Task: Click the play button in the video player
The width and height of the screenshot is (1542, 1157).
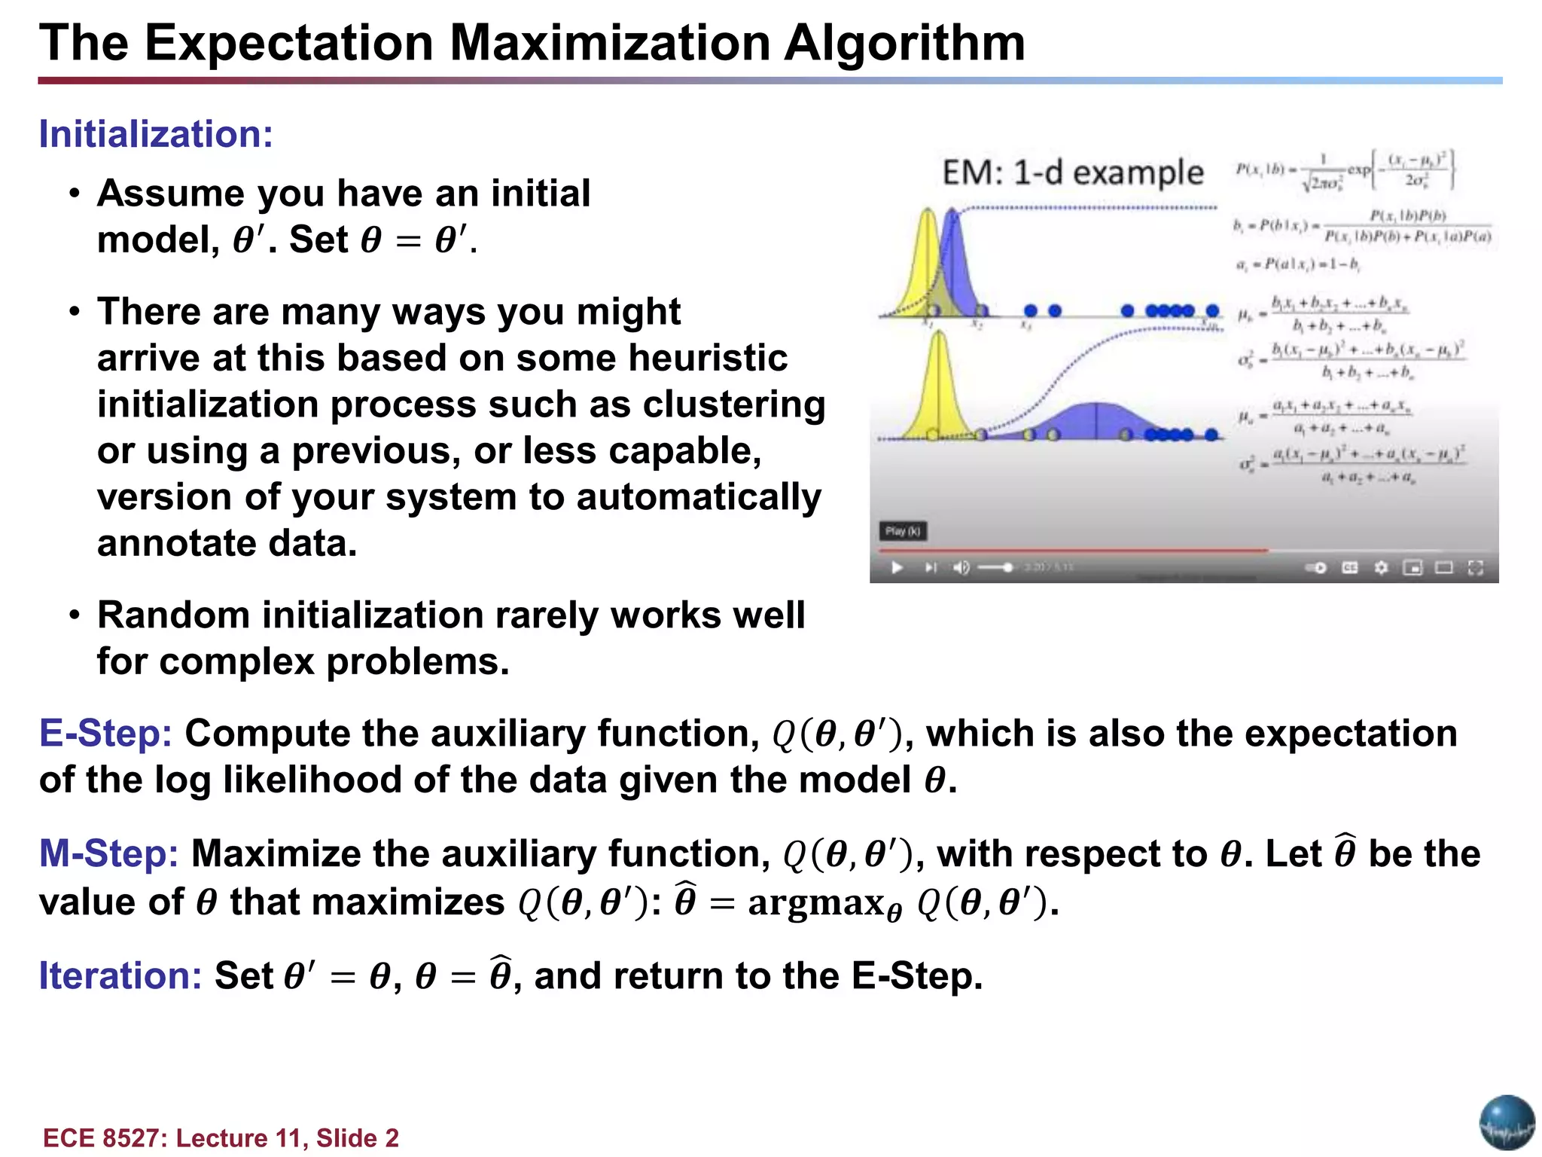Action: [x=896, y=567]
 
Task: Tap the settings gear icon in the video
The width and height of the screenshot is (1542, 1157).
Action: [x=1381, y=567]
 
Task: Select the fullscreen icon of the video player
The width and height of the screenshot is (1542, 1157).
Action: [x=1476, y=567]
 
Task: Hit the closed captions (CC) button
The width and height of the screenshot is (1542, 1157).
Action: [x=1350, y=567]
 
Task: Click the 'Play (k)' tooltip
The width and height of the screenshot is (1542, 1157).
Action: [x=903, y=531]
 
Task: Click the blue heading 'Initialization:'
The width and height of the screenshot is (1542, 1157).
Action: [x=156, y=135]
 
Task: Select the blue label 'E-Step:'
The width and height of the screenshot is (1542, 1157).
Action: [x=105, y=734]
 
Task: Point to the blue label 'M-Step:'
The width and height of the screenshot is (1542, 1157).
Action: [x=108, y=854]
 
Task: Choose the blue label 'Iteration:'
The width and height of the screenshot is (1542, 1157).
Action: [x=120, y=975]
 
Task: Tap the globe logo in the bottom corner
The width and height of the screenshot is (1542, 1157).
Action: [x=1507, y=1123]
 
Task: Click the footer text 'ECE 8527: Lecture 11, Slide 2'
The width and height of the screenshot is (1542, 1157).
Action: [x=221, y=1137]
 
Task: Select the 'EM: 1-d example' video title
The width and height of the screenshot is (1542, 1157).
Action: [x=1073, y=173]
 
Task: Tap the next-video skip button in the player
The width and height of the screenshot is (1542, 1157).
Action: [x=931, y=567]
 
